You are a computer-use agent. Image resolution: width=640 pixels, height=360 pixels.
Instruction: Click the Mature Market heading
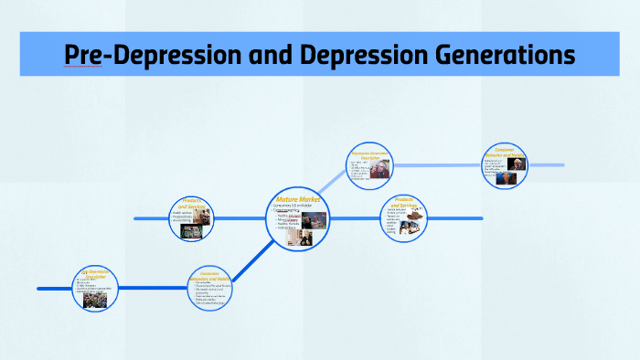297,198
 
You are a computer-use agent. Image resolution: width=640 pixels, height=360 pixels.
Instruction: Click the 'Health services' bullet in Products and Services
183,214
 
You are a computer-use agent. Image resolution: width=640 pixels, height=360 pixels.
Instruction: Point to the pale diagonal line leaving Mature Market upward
335,187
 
